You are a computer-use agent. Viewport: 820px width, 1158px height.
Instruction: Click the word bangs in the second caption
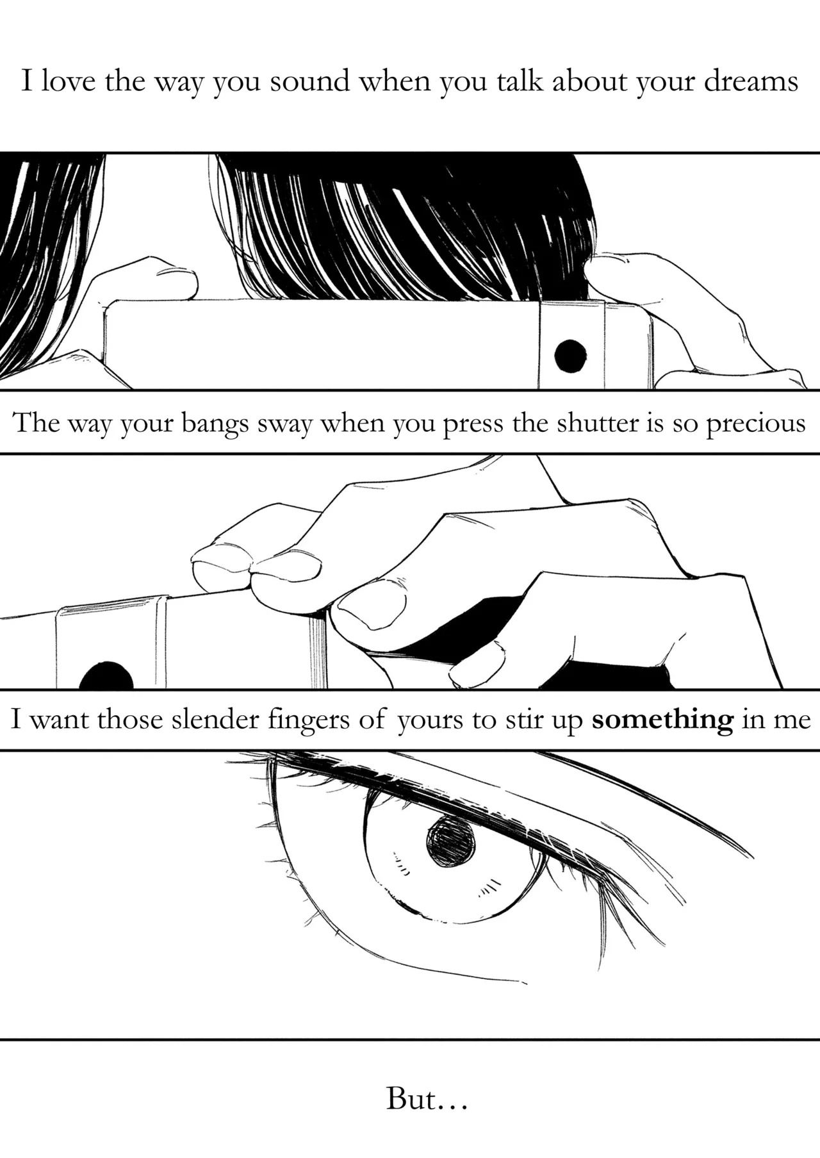click(x=215, y=424)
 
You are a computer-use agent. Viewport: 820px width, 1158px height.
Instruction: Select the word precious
click(x=756, y=424)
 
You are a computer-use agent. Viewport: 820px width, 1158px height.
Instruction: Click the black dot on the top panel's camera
click(x=570, y=356)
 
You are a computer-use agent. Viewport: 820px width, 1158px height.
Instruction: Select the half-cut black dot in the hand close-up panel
click(x=107, y=675)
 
